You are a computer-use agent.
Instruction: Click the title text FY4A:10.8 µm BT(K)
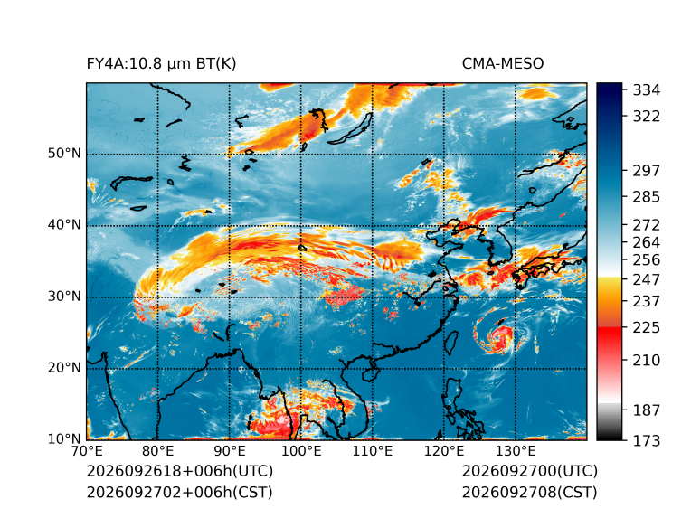(161, 64)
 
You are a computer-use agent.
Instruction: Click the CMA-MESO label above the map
(503, 64)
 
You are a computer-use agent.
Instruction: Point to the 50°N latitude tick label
(64, 154)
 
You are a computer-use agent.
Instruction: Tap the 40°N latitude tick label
(64, 224)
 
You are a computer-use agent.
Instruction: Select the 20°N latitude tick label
(64, 367)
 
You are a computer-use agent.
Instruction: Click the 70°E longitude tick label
(87, 451)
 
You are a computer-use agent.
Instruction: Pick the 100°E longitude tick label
(301, 451)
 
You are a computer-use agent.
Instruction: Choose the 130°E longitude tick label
(516, 451)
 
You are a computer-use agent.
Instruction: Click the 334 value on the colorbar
(647, 90)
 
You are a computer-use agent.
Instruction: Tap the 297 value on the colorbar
(647, 171)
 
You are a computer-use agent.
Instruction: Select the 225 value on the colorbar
(647, 328)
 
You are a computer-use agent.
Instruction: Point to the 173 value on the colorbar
(647, 440)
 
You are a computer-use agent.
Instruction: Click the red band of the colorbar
(610, 335)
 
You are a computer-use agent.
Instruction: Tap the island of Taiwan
(451, 344)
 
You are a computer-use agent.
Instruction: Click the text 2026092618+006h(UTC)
(180, 471)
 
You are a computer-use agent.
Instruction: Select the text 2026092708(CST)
(530, 492)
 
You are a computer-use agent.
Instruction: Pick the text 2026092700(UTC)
(530, 471)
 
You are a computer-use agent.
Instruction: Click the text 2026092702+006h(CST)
(179, 492)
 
